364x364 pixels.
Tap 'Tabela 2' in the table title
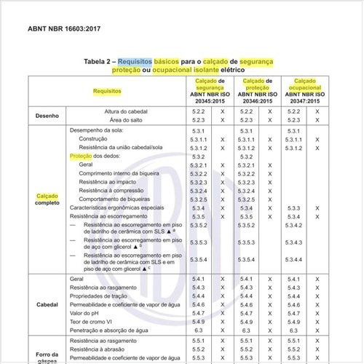pyautogui.click(x=99, y=63)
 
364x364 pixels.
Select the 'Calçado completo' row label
pyautogui.click(x=47, y=199)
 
